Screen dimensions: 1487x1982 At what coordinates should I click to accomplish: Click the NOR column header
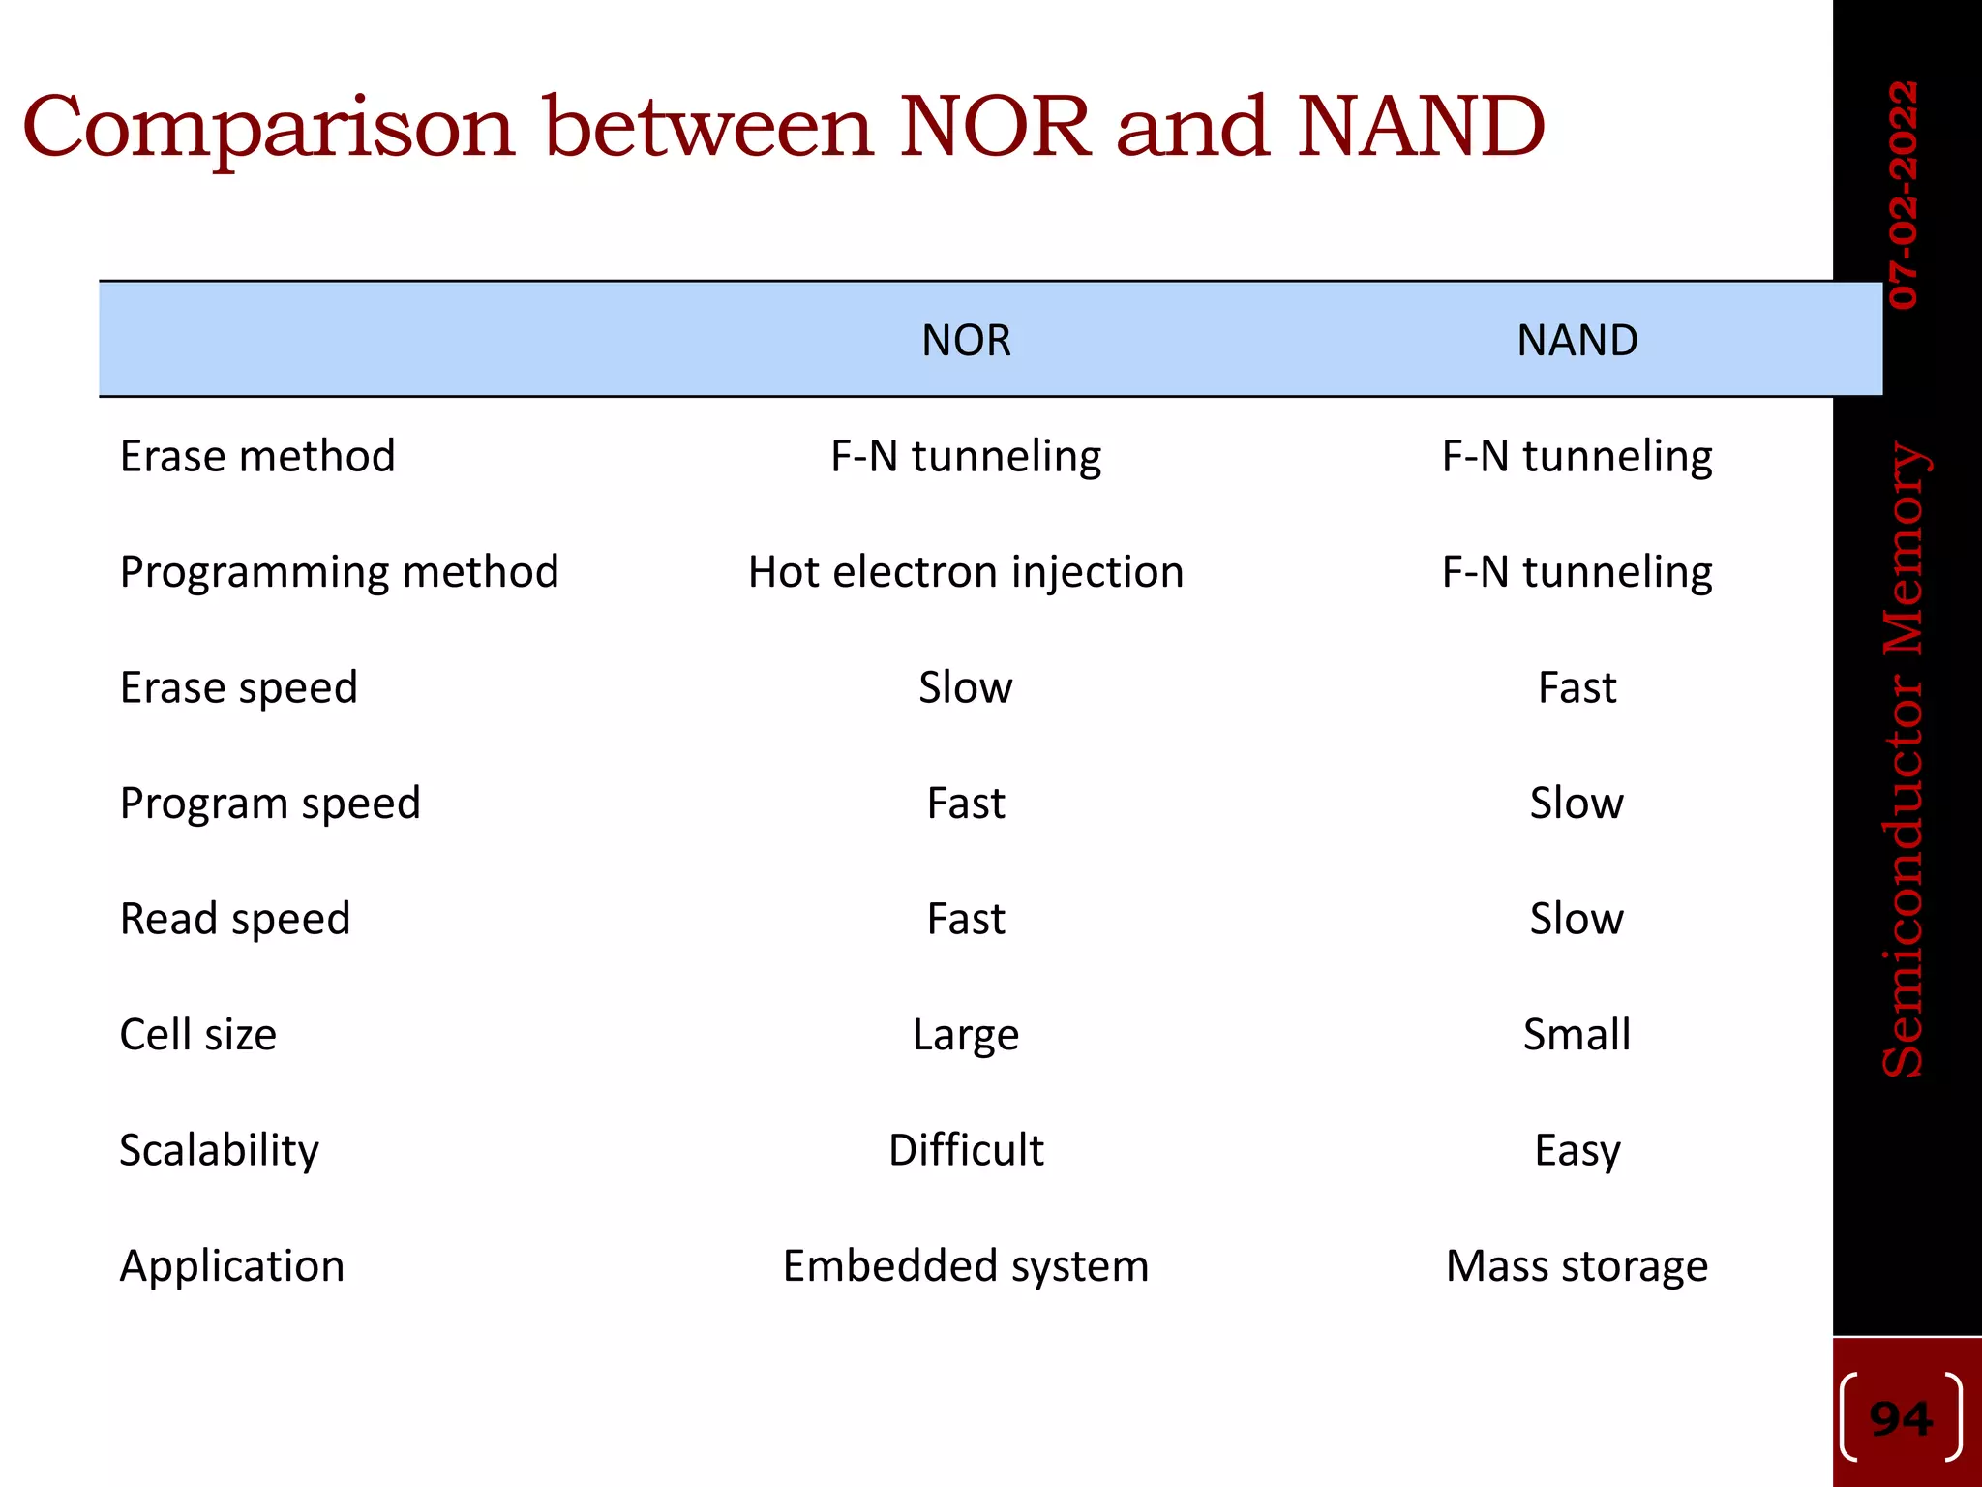tap(966, 341)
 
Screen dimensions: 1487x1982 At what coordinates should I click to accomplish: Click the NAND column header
tap(1577, 341)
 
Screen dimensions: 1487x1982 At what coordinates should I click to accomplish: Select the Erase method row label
tap(257, 456)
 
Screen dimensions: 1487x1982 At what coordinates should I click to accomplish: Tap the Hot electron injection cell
tap(966, 572)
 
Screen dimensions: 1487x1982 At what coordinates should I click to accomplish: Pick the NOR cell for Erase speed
tap(966, 687)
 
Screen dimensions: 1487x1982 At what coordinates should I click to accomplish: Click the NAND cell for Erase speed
tap(1577, 687)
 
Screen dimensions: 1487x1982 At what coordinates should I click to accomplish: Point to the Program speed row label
tap(270, 804)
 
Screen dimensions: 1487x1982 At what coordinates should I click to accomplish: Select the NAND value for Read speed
tap(1577, 919)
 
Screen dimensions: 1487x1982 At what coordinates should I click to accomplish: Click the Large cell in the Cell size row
tap(966, 1035)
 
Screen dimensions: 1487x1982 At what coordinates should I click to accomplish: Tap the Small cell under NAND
tap(1577, 1035)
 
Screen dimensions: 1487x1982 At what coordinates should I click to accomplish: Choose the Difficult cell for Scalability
tap(966, 1150)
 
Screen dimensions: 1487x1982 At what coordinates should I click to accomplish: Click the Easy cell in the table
tap(1577, 1150)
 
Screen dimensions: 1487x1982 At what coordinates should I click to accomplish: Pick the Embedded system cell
tap(966, 1266)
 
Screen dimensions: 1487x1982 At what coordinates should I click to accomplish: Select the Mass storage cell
tap(1577, 1266)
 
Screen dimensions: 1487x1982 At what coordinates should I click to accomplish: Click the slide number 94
tap(1901, 1419)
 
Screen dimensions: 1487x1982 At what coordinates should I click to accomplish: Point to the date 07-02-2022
tap(1903, 195)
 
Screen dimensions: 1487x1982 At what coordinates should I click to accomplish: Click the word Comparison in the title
tap(268, 128)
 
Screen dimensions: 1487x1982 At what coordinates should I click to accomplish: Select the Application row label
tap(232, 1266)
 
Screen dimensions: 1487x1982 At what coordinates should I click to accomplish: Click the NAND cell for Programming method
tap(1577, 572)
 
